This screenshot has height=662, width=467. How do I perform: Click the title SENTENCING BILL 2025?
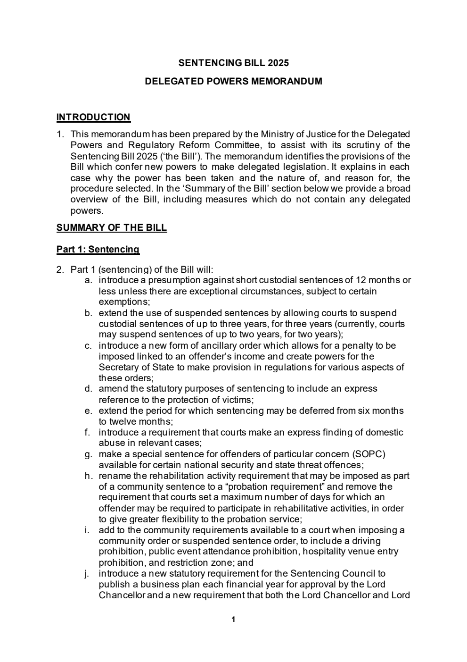click(x=233, y=63)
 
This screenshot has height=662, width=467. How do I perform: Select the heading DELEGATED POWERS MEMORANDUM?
click(x=233, y=81)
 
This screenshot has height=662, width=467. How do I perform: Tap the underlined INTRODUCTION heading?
click(x=93, y=117)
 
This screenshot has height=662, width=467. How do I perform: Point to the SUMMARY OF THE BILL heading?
click(x=112, y=227)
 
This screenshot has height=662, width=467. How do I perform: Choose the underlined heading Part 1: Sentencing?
click(x=98, y=249)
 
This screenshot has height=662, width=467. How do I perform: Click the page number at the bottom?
click(x=233, y=620)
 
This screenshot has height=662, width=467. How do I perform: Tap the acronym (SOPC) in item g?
click(x=368, y=454)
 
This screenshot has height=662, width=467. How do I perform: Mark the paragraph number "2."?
click(x=60, y=270)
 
